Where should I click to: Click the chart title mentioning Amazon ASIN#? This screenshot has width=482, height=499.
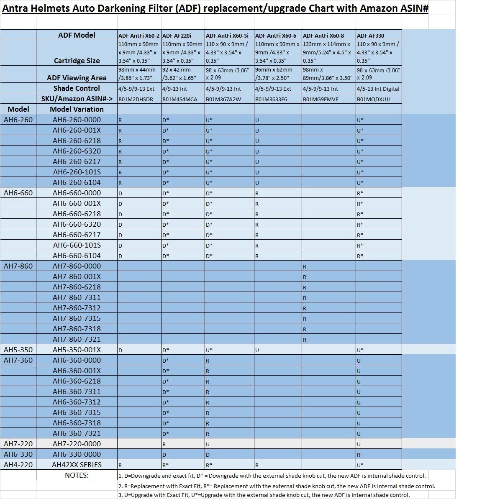pyautogui.click(x=215, y=8)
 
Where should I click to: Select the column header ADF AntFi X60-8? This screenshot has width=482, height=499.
pyautogui.click(x=323, y=36)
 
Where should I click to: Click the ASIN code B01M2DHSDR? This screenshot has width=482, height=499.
pyautogui.click(x=136, y=99)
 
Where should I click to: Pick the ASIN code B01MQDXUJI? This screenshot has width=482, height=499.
pyautogui.click(x=373, y=99)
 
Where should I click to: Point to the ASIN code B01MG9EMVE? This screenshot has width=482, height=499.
pyautogui.click(x=320, y=99)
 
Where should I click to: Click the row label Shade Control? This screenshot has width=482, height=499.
pyautogui.click(x=77, y=88)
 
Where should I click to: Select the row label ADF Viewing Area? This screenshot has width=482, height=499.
pyautogui.click(x=77, y=78)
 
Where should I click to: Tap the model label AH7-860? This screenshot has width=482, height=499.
pyautogui.click(x=18, y=266)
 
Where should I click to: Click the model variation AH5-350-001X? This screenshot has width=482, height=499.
pyautogui.click(x=77, y=350)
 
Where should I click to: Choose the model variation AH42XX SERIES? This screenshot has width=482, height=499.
pyautogui.click(x=77, y=465)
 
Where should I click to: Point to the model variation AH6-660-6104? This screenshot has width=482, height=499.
pyautogui.click(x=77, y=256)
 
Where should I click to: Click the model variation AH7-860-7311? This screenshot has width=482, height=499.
pyautogui.click(x=77, y=297)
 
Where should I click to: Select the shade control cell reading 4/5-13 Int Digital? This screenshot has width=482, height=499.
pyautogui.click(x=378, y=89)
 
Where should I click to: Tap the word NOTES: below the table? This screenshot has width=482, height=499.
pyautogui.click(x=77, y=475)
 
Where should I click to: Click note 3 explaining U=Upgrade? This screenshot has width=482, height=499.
pyautogui.click(x=264, y=495)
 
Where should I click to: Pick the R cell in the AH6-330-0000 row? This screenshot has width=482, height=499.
pyautogui.click(x=359, y=455)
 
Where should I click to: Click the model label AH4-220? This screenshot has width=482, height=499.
pyautogui.click(x=18, y=465)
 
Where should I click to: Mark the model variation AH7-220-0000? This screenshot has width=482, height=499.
pyautogui.click(x=77, y=444)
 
